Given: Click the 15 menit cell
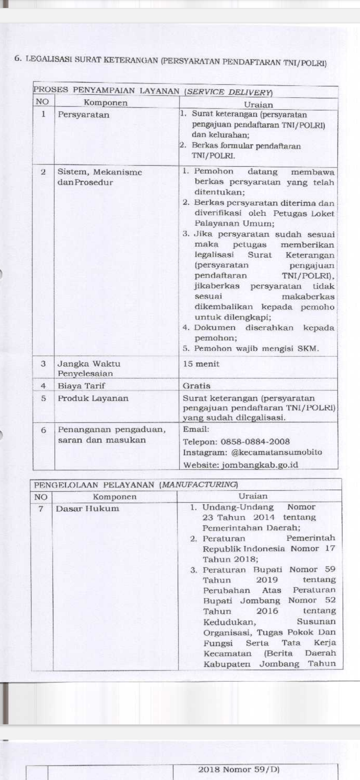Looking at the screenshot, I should coord(201,364).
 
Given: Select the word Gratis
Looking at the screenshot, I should coord(196,386).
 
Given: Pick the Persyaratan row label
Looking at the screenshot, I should coord(83,115).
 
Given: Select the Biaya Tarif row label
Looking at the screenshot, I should coord(81,386).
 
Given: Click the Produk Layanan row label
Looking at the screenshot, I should coord(93,398).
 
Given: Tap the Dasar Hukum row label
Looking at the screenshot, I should coord(87,509).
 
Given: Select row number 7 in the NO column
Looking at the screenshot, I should coord(41,509).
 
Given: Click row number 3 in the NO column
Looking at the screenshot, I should coord(43,364).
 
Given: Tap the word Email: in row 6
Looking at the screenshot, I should coord(196,429).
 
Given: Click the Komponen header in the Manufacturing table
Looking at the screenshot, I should coord(114,497).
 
